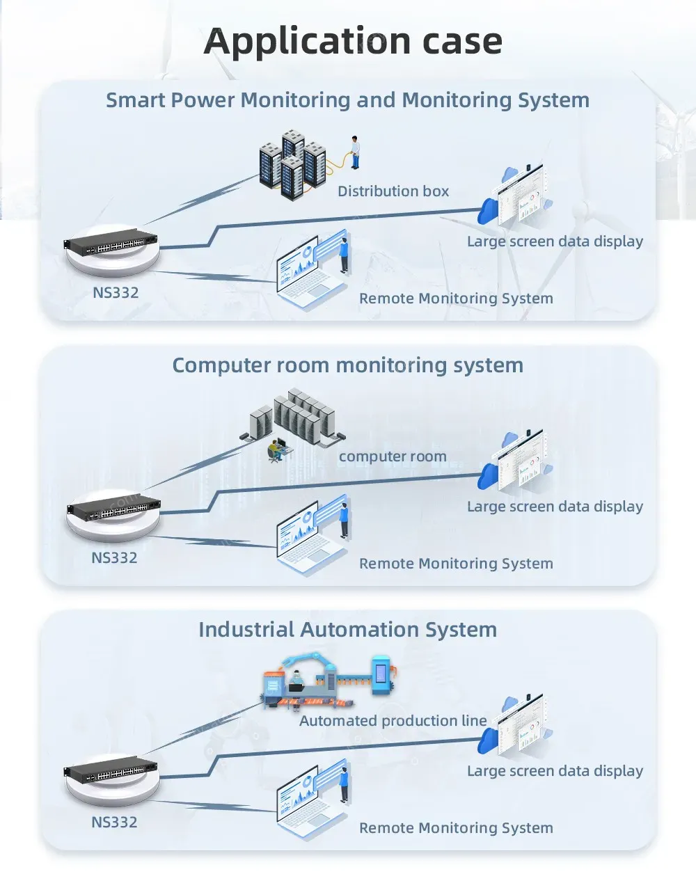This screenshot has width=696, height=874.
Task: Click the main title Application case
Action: click(353, 41)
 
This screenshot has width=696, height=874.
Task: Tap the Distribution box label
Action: click(393, 191)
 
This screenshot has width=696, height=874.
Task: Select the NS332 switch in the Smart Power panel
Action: click(111, 244)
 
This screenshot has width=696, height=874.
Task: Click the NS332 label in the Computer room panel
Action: click(114, 558)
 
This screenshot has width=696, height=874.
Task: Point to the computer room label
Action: click(393, 457)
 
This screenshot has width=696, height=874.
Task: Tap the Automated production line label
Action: click(393, 721)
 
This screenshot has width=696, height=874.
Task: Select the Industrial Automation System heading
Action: click(347, 630)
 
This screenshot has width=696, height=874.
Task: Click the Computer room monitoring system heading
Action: click(347, 365)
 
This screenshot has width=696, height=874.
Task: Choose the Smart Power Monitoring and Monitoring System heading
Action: click(347, 100)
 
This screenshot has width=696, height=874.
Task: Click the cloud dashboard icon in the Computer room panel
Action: click(515, 461)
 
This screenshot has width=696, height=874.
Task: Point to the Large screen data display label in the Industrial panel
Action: click(555, 771)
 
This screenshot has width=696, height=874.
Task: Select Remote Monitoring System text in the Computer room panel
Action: click(456, 564)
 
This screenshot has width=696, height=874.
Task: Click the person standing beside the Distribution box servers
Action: click(355, 152)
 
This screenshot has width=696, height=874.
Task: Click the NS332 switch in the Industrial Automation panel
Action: click(111, 772)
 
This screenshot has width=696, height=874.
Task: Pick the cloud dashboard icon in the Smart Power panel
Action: click(515, 197)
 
